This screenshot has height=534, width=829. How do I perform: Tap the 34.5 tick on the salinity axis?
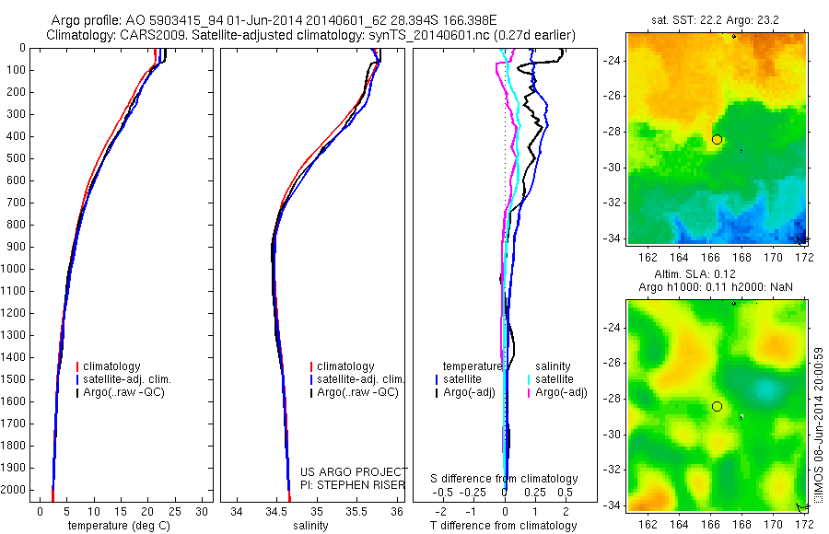point(276,511)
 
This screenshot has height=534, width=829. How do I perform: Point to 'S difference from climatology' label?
point(505,479)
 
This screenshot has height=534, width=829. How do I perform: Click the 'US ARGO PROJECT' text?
point(353,471)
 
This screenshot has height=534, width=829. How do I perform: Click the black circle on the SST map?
point(717,139)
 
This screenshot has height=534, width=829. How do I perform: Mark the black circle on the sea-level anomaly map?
point(717,406)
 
